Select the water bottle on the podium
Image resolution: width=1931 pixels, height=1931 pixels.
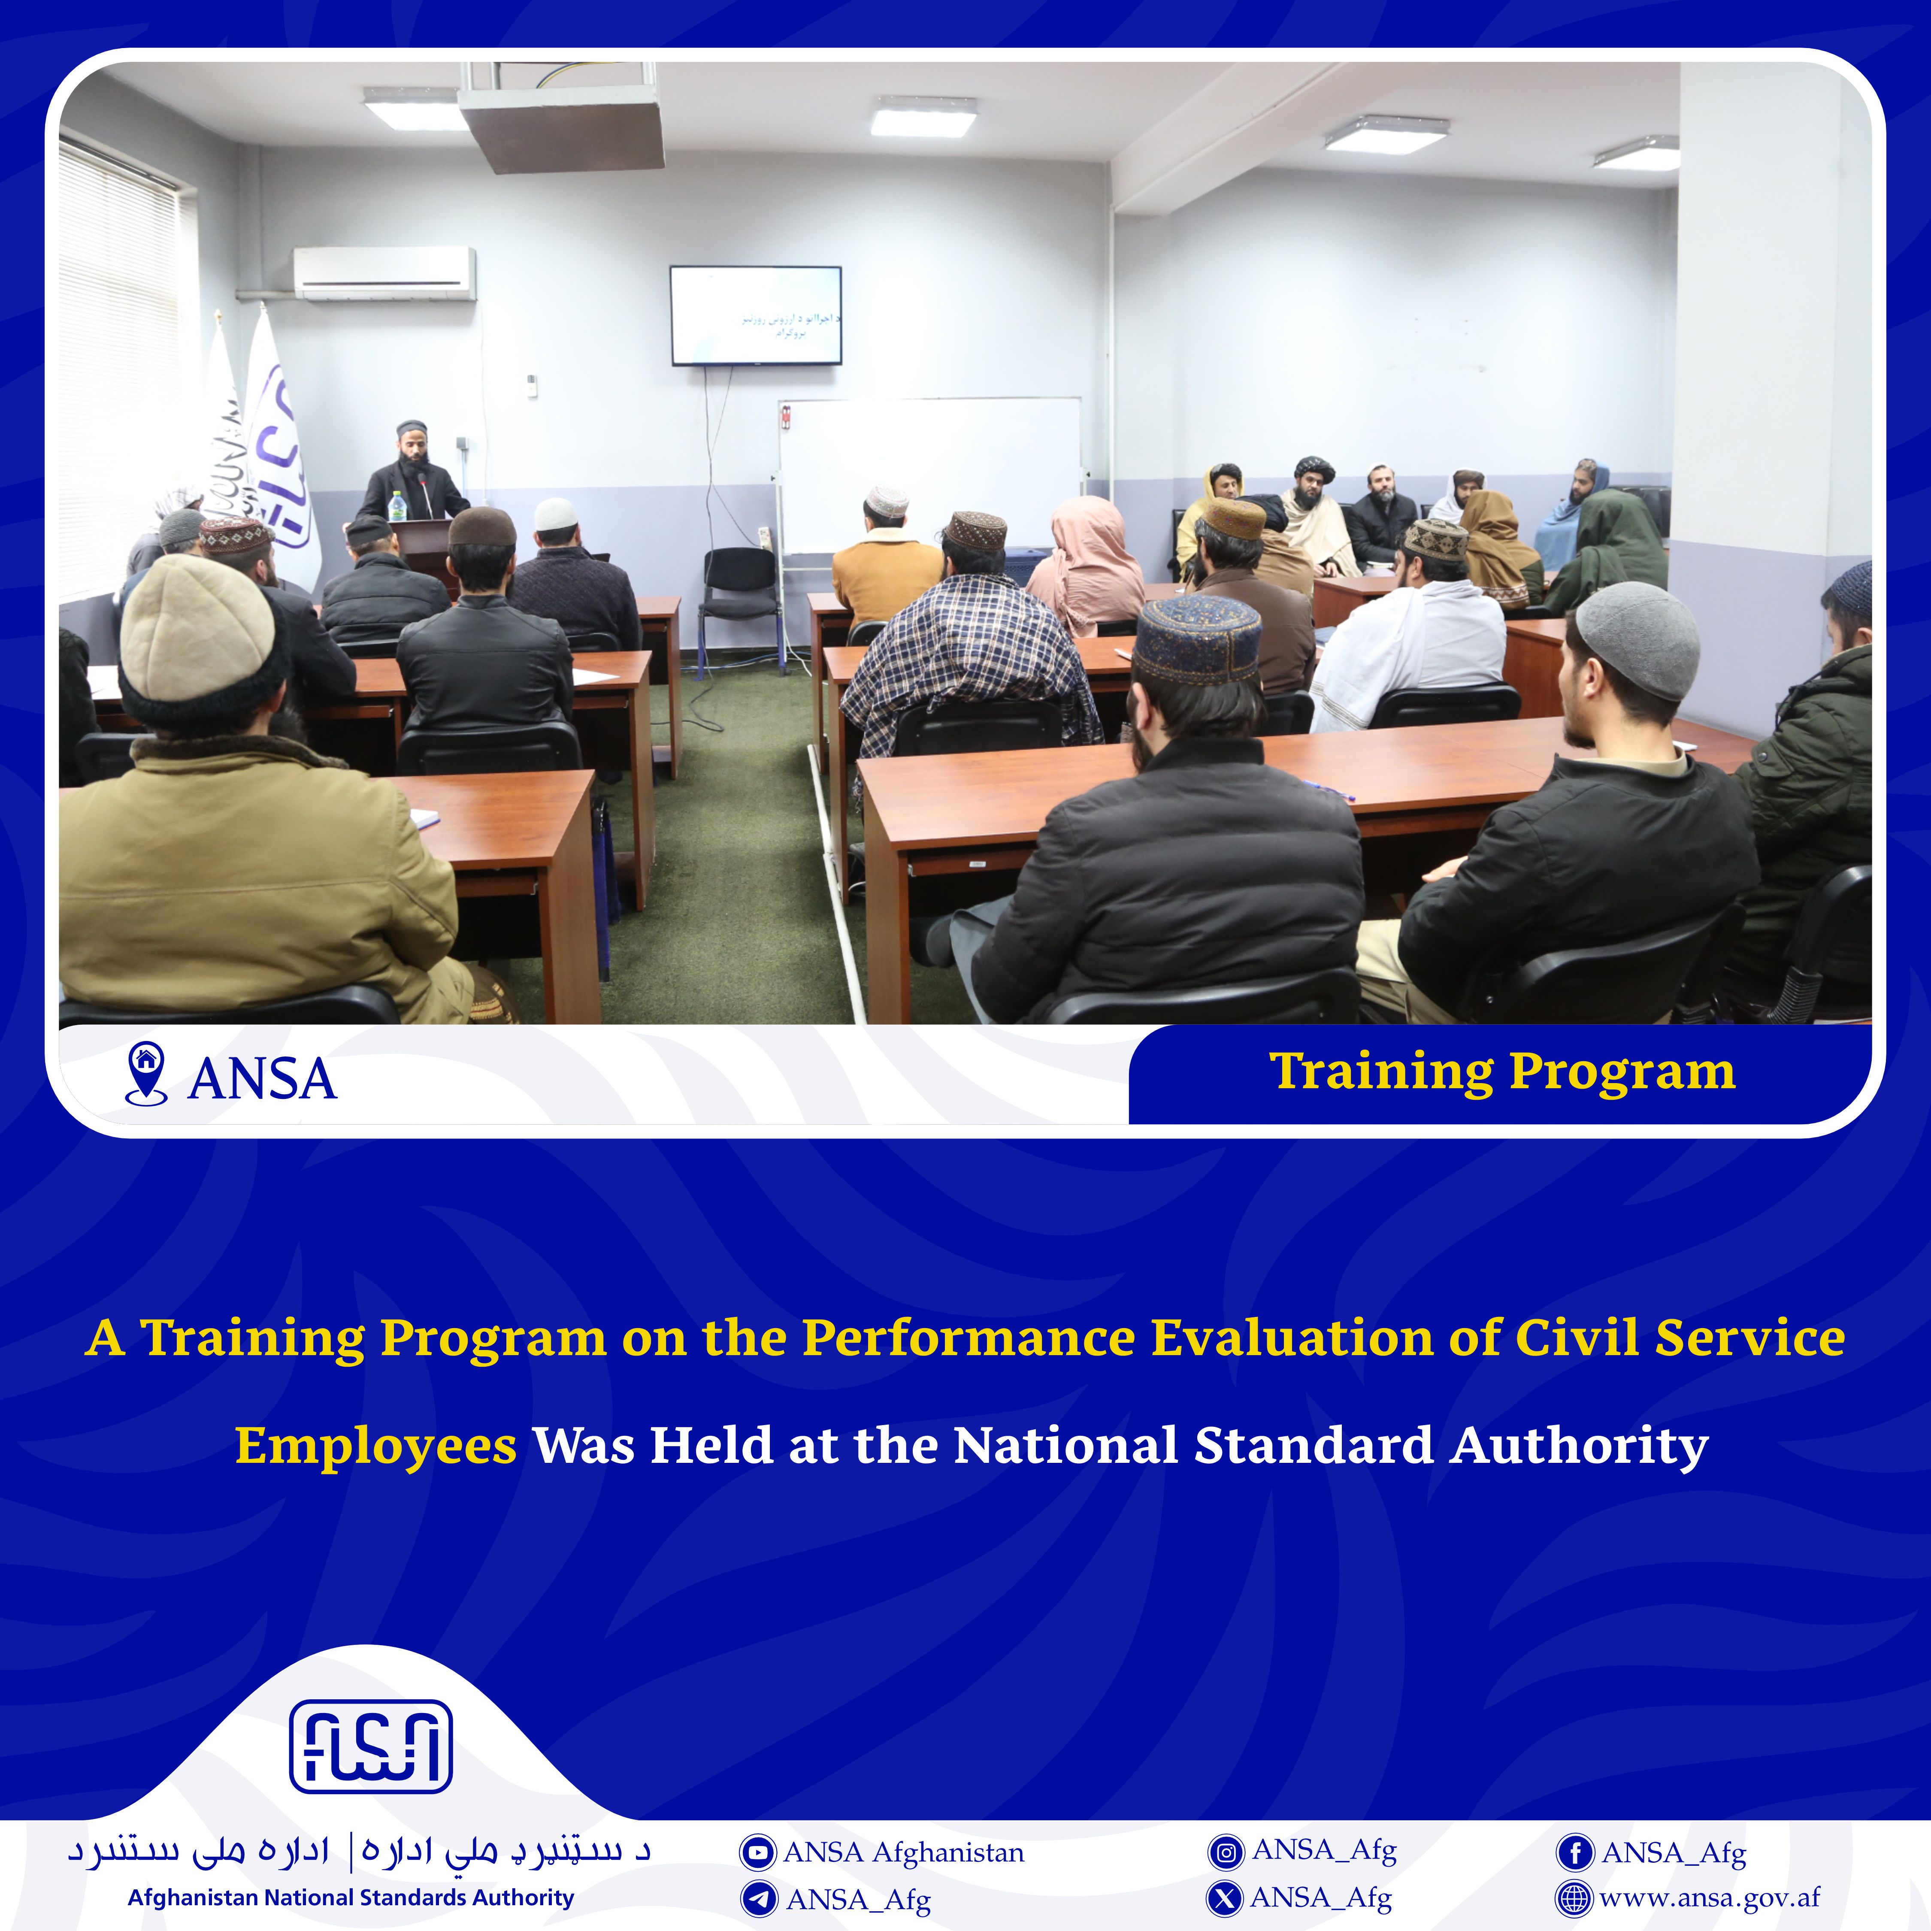click(x=397, y=507)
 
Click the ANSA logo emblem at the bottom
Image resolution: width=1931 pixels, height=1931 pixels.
click(x=371, y=1746)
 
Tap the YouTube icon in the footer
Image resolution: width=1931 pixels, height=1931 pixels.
click(x=757, y=1852)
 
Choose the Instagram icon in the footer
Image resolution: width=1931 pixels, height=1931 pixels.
click(x=1226, y=1852)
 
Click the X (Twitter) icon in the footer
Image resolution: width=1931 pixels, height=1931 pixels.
click(x=1226, y=1898)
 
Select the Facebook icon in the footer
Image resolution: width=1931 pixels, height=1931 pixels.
click(x=1574, y=1852)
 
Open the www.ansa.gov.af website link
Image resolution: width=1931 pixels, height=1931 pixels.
click(x=1709, y=1898)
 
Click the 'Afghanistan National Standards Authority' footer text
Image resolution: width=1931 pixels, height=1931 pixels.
click(x=351, y=1898)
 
